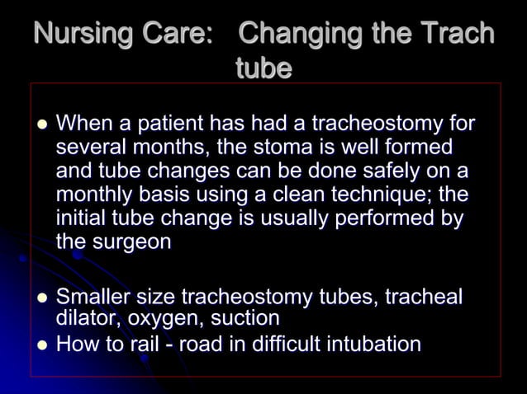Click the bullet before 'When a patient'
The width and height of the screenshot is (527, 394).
37,125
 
